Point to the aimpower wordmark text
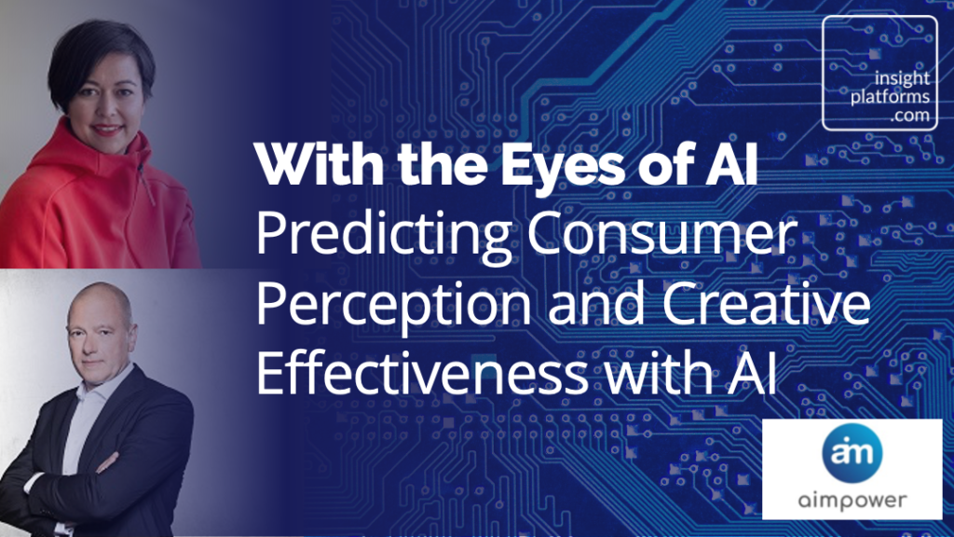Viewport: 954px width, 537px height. tap(852, 500)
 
